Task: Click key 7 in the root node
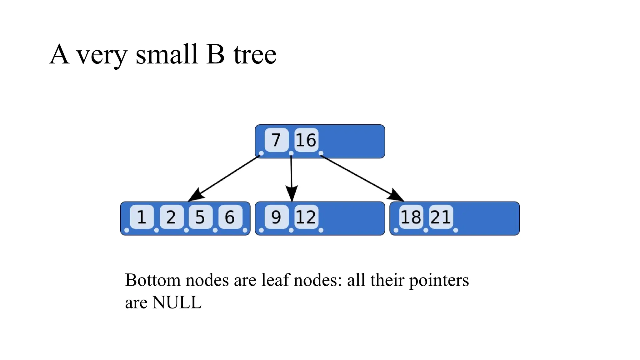click(276, 140)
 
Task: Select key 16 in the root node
click(306, 140)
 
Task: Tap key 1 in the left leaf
click(142, 217)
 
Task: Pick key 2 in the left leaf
click(171, 217)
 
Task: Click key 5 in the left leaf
click(200, 217)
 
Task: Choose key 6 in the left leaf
click(230, 217)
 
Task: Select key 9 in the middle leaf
click(276, 217)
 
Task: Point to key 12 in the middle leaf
click(306, 217)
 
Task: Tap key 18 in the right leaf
click(411, 217)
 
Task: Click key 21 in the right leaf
click(441, 217)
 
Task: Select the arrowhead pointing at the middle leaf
click(292, 194)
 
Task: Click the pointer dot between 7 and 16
click(291, 153)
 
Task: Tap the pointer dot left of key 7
click(261, 153)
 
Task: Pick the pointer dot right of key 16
click(321, 153)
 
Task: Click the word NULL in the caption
click(177, 302)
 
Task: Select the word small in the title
click(167, 54)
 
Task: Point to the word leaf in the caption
click(275, 280)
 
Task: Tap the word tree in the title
click(255, 55)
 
